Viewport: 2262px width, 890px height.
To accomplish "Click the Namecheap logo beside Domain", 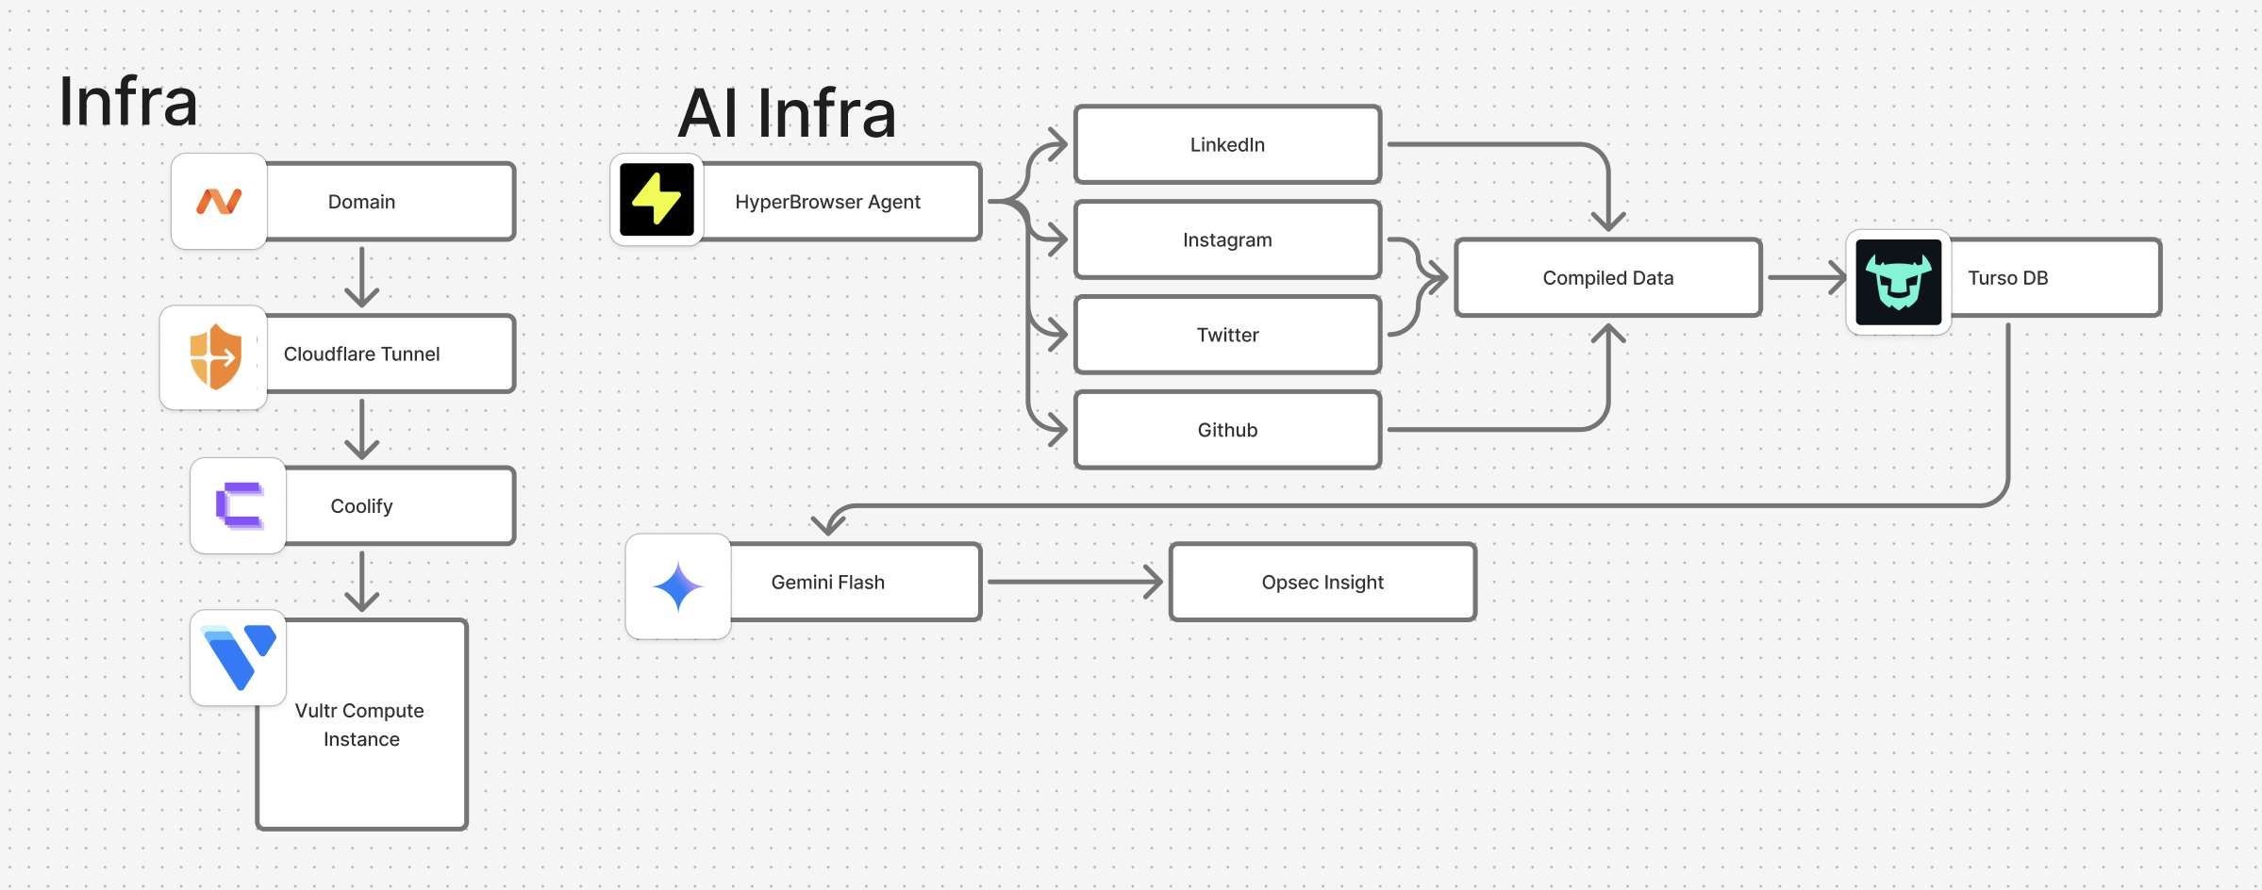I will click(219, 201).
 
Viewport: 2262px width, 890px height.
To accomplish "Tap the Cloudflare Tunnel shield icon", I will click(214, 356).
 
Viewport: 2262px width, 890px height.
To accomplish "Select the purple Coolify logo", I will click(239, 505).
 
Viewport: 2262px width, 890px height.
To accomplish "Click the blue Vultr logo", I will click(239, 657).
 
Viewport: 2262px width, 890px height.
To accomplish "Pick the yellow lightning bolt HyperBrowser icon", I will click(657, 200).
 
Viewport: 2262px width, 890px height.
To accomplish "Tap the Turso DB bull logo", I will click(1898, 281).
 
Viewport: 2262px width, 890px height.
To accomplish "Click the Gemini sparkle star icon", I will click(678, 586).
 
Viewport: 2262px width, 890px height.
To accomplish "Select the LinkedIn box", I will click(1227, 144).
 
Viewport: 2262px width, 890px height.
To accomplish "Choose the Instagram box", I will click(1227, 239).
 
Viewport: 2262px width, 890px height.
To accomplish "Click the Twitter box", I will click(1227, 335).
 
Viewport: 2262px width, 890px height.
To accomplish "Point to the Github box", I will click(1227, 430).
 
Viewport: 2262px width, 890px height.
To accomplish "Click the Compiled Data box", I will click(1607, 277).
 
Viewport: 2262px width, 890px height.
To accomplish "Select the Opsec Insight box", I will click(1322, 582).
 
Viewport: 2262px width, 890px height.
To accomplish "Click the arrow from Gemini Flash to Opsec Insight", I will click(1074, 582).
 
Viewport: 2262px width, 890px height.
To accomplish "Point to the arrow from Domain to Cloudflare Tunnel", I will click(362, 277).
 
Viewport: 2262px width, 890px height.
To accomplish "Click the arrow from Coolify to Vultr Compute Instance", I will click(362, 582).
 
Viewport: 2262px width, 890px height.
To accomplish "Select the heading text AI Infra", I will click(787, 113).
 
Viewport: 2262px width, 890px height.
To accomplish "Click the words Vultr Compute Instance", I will click(360, 724).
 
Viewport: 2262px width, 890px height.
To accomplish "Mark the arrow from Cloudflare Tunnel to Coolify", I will click(362, 429).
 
